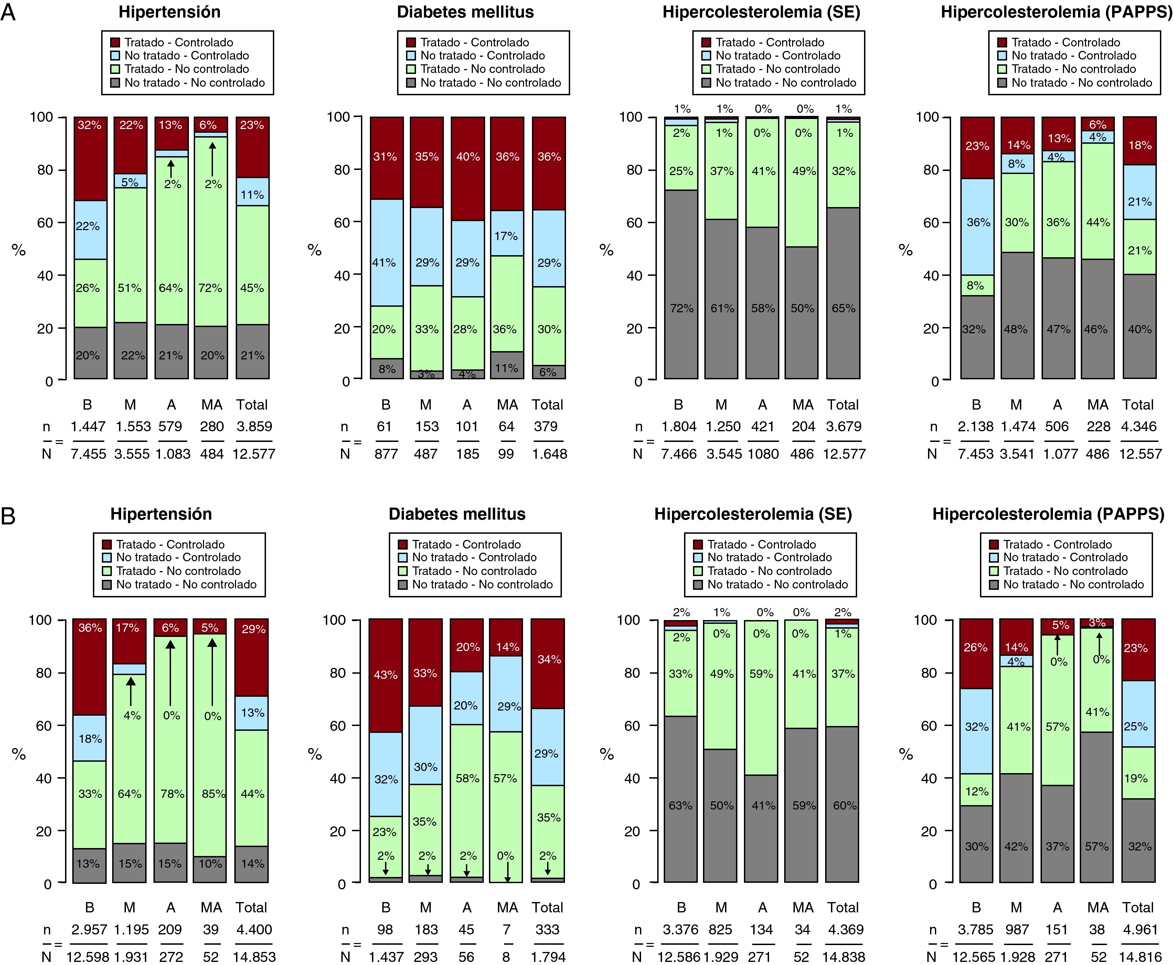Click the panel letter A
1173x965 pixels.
click(8, 12)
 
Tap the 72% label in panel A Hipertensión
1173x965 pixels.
click(210, 288)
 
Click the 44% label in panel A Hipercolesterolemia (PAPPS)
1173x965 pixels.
click(1098, 223)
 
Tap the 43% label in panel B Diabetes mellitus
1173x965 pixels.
click(385, 675)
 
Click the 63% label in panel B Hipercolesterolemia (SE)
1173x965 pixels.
click(681, 805)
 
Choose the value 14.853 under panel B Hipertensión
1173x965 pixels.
click(254, 957)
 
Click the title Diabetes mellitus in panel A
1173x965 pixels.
click(465, 12)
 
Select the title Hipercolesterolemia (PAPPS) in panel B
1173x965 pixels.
click(1048, 514)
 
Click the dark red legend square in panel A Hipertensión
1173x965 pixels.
click(116, 43)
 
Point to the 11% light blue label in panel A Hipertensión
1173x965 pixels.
click(252, 195)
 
